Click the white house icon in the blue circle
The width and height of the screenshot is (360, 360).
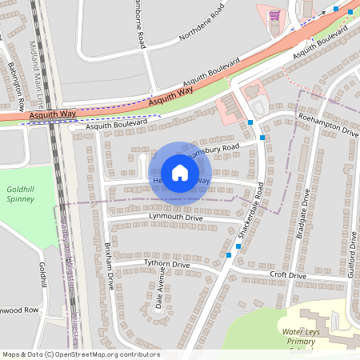[x=180, y=172]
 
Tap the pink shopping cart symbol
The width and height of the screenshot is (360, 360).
[x=275, y=14]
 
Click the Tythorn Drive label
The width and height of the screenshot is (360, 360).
[x=166, y=264]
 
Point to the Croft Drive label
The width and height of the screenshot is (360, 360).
[x=288, y=276]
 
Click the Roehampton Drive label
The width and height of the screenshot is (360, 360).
[x=328, y=128]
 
